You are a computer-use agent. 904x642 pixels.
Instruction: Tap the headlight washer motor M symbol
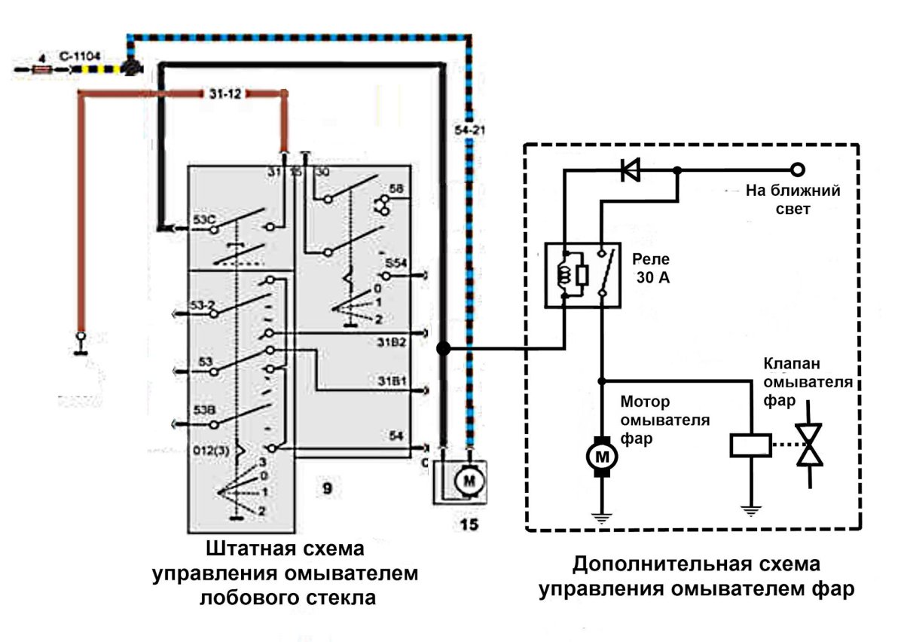(601, 456)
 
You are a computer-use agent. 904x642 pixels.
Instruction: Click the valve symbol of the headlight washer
(810, 445)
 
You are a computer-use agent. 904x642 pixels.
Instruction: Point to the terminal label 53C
(204, 220)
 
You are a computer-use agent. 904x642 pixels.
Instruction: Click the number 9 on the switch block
(326, 491)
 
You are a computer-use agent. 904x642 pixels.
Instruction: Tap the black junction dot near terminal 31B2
(444, 348)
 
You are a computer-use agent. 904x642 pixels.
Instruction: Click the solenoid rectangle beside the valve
(750, 445)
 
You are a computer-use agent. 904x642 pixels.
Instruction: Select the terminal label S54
(396, 264)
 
